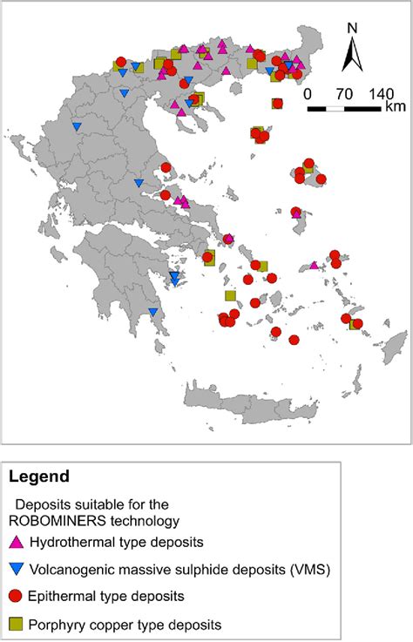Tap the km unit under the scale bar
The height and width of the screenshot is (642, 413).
click(x=394, y=107)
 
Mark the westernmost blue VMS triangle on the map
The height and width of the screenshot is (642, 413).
click(x=77, y=127)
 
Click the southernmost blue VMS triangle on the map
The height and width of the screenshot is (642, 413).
click(x=153, y=313)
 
